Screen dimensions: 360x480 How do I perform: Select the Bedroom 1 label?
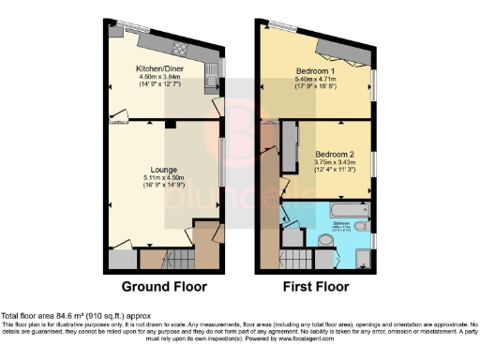pyautogui.click(x=314, y=70)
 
